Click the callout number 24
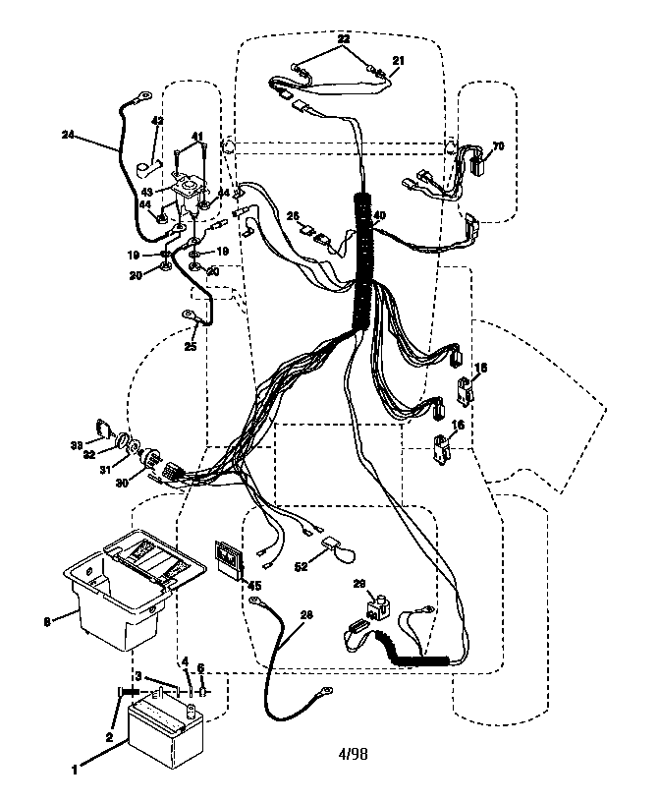pyautogui.click(x=67, y=135)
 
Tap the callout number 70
pyautogui.click(x=498, y=146)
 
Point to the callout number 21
pyautogui.click(x=398, y=60)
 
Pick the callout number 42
pyautogui.click(x=156, y=122)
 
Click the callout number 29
pyautogui.click(x=358, y=583)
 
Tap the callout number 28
pyautogui.click(x=306, y=615)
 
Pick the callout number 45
pyautogui.click(x=253, y=586)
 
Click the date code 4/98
pyautogui.click(x=352, y=755)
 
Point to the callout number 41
pyautogui.click(x=196, y=136)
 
